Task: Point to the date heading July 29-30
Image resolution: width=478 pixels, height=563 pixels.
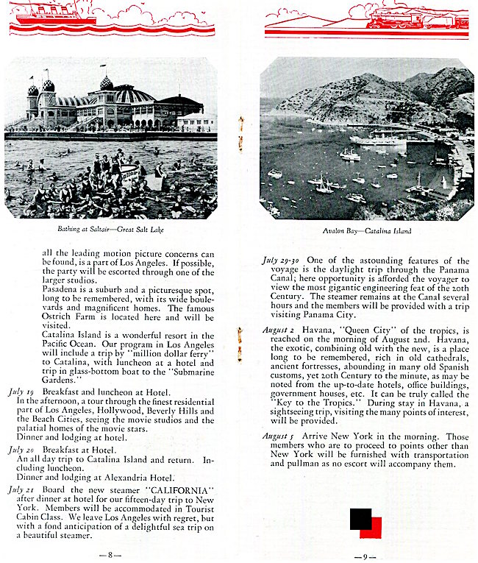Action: point(280,261)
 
